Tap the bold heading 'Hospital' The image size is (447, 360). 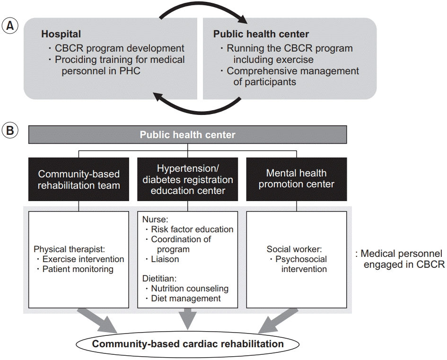click(61, 34)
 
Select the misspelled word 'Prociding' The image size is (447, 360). click(74, 60)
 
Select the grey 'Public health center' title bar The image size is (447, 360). click(187, 135)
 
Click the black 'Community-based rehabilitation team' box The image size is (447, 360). click(79, 179)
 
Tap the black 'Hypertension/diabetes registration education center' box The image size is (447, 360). click(188, 179)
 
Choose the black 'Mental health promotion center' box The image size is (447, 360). click(297, 179)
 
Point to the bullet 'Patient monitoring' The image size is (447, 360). click(78, 269)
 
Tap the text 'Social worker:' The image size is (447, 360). click(295, 249)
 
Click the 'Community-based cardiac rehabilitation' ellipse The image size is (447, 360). click(188, 343)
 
